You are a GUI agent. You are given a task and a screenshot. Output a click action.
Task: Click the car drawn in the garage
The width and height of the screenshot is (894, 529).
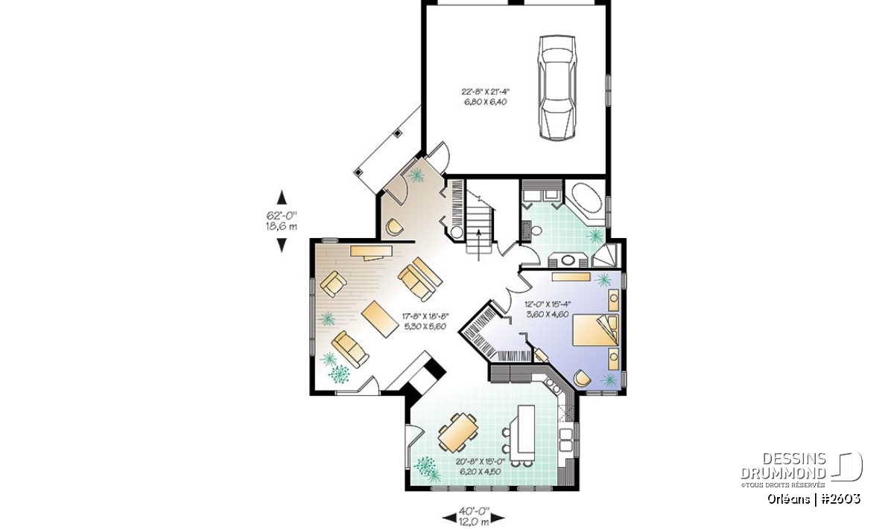pos(557,88)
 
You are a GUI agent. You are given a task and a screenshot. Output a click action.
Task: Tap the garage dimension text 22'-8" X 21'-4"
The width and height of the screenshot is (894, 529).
pos(484,92)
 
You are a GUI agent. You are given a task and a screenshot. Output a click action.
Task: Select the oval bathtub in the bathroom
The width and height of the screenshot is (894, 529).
pos(587,197)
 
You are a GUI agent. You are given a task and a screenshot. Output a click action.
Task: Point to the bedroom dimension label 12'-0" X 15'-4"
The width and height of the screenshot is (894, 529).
pos(548,304)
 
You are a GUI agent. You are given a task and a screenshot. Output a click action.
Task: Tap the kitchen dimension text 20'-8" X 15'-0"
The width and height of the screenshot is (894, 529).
pos(481,461)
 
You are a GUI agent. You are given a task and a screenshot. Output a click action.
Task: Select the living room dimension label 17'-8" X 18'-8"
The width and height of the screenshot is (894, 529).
pos(425,316)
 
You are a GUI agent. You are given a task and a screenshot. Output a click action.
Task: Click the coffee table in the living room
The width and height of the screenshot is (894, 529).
pos(380,319)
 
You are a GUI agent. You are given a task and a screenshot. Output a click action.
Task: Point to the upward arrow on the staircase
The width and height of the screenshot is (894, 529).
pos(479,245)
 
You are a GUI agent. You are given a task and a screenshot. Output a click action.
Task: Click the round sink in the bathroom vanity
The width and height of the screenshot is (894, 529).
pos(568,260)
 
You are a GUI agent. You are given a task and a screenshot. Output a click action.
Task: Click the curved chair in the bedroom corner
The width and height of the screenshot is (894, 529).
pos(583,378)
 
